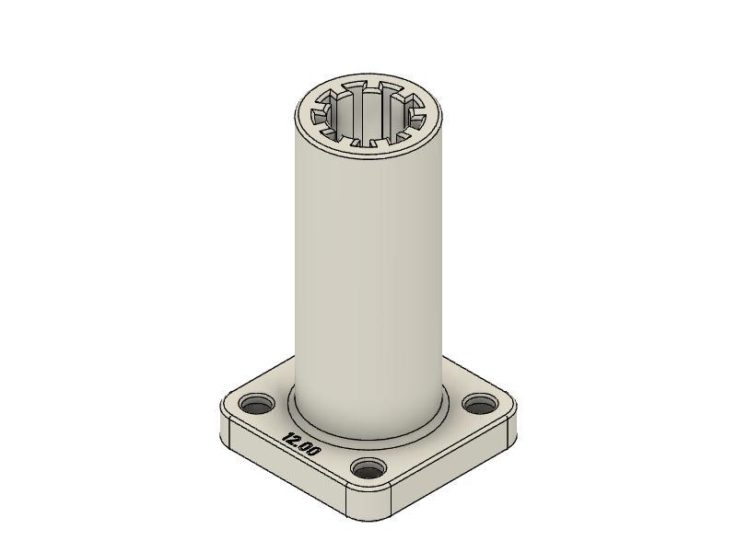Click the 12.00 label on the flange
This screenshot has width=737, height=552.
(302, 445)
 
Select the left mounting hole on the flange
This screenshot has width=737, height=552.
(257, 404)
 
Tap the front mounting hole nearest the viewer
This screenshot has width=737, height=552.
(368, 470)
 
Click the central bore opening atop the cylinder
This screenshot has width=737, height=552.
(368, 118)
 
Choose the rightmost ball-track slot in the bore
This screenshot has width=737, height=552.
(416, 117)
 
